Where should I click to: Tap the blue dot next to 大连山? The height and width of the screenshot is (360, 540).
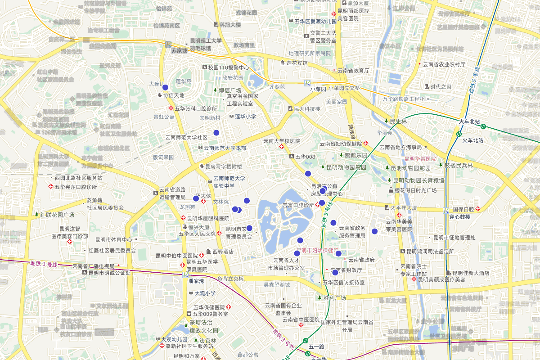(165, 87)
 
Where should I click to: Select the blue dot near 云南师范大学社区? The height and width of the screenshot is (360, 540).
(216, 133)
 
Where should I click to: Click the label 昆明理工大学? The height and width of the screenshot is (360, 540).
(206, 41)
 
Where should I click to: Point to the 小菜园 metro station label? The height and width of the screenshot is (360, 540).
(318, 89)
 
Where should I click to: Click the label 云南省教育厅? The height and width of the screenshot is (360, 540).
(353, 71)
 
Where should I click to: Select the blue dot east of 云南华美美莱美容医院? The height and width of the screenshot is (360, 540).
(374, 231)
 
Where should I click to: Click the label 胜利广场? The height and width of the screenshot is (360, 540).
(334, 298)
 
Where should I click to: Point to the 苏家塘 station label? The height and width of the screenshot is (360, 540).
(179, 51)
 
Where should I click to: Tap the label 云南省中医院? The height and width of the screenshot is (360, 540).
(301, 320)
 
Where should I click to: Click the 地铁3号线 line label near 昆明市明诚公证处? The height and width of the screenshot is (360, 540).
(44, 264)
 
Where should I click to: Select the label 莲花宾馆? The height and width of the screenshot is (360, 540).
(297, 63)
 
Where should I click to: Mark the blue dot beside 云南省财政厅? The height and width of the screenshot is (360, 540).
(335, 272)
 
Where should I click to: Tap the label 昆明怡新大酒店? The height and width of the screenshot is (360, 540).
(471, 273)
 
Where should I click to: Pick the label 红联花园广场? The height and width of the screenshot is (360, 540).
(57, 215)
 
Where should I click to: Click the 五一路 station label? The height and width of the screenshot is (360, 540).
(317, 346)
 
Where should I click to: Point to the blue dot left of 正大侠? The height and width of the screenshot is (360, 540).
(196, 198)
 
